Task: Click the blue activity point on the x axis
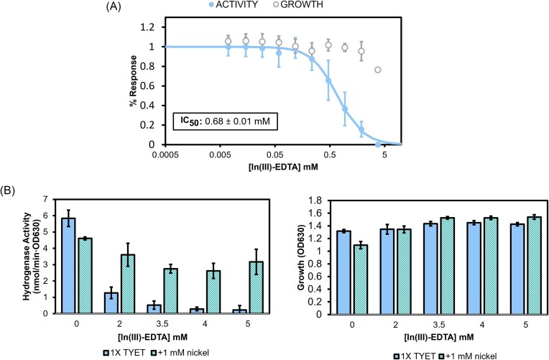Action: pyautogui.click(x=378, y=144)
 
